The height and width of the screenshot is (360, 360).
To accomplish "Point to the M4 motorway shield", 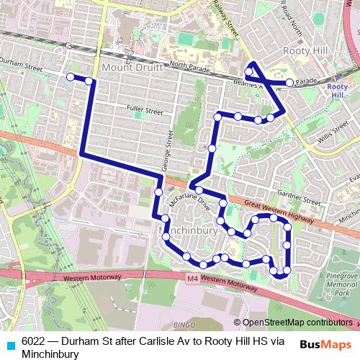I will pos(191,278).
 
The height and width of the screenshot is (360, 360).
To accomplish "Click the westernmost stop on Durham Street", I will pos(70,76).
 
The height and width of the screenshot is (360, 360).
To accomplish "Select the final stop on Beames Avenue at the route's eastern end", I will pos(289,83).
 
